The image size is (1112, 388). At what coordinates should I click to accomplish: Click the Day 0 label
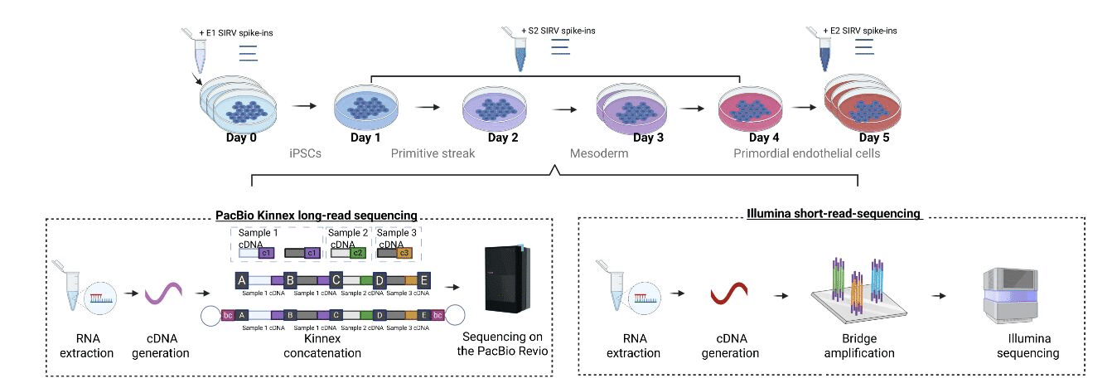(241, 138)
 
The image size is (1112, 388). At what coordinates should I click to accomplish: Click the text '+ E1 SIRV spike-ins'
(239, 32)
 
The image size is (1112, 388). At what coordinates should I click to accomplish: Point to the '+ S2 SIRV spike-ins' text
(558, 32)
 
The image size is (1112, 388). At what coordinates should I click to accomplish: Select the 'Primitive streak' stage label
(433, 154)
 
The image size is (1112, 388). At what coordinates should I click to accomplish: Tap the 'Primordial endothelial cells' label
(796, 154)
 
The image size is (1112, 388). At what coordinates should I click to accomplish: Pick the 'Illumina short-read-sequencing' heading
(834, 214)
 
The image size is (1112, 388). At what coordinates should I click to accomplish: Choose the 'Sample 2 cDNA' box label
(347, 239)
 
